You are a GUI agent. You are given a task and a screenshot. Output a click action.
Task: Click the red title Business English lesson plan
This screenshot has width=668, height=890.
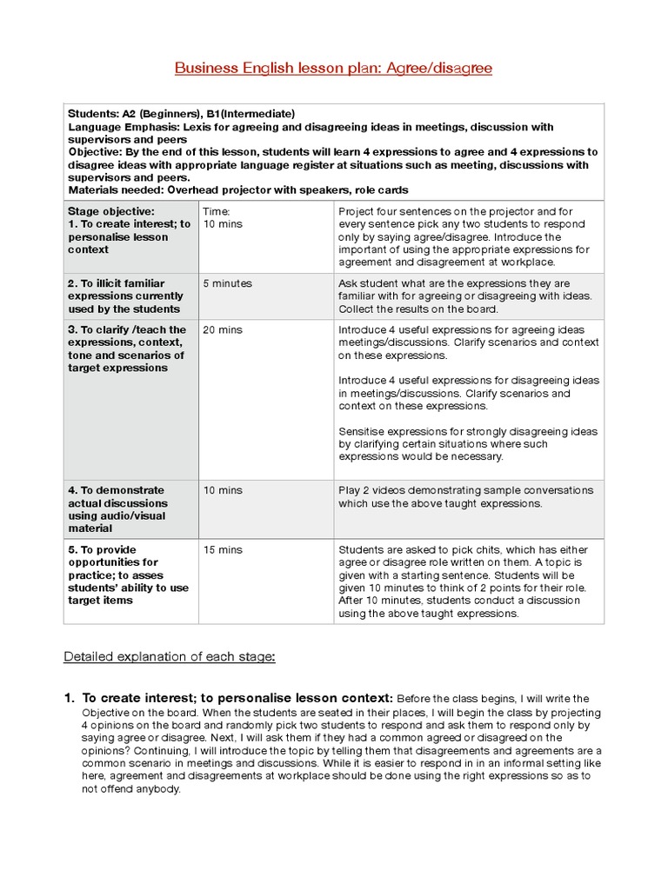pyautogui.click(x=333, y=68)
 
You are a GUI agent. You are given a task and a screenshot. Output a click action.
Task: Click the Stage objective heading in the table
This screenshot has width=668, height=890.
pyautogui.click(x=111, y=210)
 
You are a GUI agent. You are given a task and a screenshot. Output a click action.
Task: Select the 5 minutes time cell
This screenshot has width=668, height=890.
pyautogui.click(x=227, y=283)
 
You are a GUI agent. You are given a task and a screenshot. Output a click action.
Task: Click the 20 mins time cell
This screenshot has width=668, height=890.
pyautogui.click(x=223, y=330)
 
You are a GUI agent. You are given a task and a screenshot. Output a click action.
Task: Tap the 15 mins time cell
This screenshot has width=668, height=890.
pyautogui.click(x=223, y=550)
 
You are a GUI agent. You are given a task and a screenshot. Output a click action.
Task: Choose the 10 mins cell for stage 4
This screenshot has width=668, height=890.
pyautogui.click(x=223, y=490)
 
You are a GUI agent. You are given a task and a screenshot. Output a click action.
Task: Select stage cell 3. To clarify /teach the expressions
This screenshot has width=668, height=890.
pyautogui.click(x=127, y=349)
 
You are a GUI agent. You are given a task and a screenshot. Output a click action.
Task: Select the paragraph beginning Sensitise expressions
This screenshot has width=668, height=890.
pyautogui.click(x=468, y=443)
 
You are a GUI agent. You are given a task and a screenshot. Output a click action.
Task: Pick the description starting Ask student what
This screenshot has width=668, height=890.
pyautogui.click(x=465, y=296)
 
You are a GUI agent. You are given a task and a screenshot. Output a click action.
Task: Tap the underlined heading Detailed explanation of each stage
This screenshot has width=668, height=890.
pyautogui.click(x=170, y=656)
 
